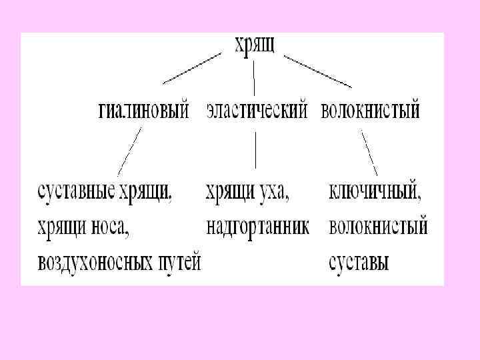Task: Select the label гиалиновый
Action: [143, 109]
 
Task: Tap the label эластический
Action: [257, 109]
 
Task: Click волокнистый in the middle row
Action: [371, 109]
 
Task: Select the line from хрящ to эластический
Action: [253, 77]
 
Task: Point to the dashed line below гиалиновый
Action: [130, 152]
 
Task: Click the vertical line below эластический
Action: [256, 150]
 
